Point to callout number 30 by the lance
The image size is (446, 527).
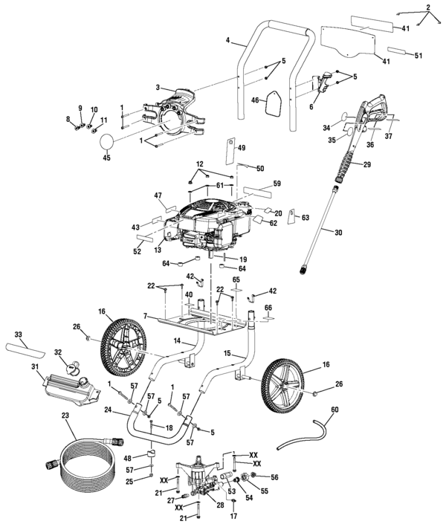338,233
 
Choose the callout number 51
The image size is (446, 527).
418,56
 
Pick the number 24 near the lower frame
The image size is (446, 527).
109,410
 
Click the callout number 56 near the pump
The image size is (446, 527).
274,477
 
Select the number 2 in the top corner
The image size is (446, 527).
427,7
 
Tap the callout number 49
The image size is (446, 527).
242,148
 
